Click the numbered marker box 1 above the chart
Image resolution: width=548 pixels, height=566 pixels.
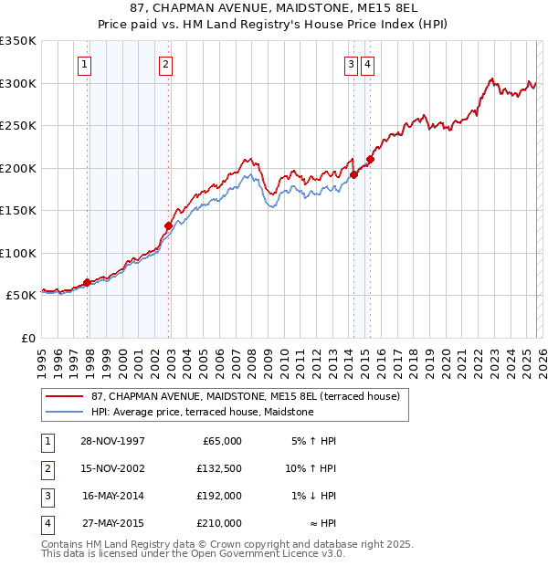point(84,64)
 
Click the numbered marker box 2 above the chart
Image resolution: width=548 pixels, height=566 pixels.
point(164,64)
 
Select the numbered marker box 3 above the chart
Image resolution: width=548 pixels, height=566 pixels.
point(350,64)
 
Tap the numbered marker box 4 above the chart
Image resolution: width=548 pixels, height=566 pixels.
point(366,64)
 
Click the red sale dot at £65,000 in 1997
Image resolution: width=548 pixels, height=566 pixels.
point(88,283)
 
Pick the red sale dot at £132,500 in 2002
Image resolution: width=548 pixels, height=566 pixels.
point(168,225)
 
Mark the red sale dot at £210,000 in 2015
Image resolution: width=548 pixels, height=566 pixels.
point(370,159)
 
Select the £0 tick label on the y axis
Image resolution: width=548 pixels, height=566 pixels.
point(27,338)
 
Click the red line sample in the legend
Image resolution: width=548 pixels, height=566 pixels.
point(65,396)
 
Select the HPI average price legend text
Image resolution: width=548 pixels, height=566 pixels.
point(202,413)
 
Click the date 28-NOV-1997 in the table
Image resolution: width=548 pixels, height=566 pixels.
point(112,441)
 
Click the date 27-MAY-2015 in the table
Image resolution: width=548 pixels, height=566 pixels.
point(112,523)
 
